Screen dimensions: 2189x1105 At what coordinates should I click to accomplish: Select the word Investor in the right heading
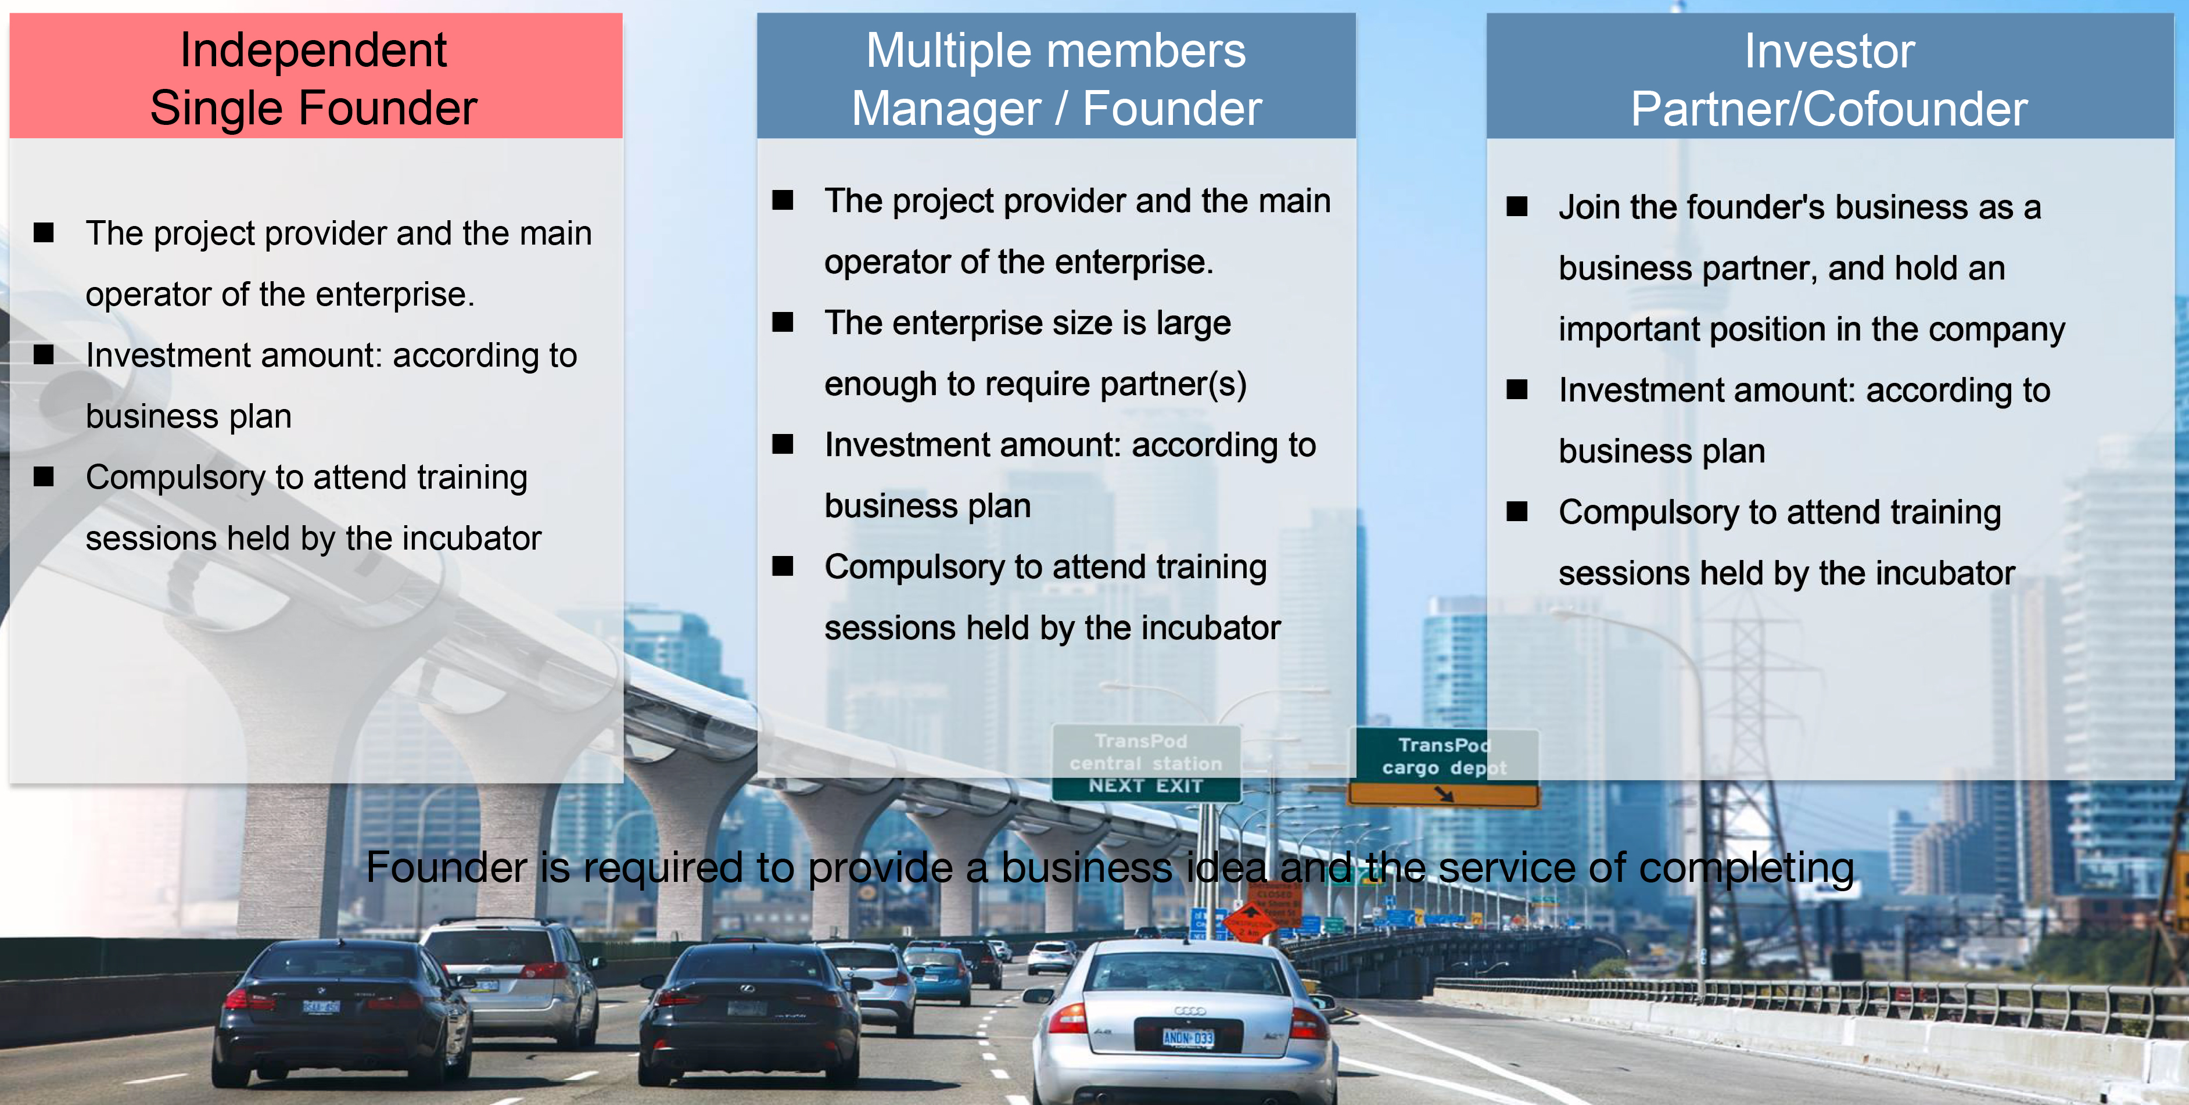click(x=1829, y=52)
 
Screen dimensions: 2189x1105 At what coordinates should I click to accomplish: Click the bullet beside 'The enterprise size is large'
click(x=783, y=322)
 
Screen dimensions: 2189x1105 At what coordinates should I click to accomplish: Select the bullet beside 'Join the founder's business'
click(x=1517, y=207)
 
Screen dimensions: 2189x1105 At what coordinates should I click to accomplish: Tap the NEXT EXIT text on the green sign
click(x=1146, y=785)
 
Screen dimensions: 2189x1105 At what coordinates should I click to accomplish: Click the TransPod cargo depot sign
click(x=1444, y=766)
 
